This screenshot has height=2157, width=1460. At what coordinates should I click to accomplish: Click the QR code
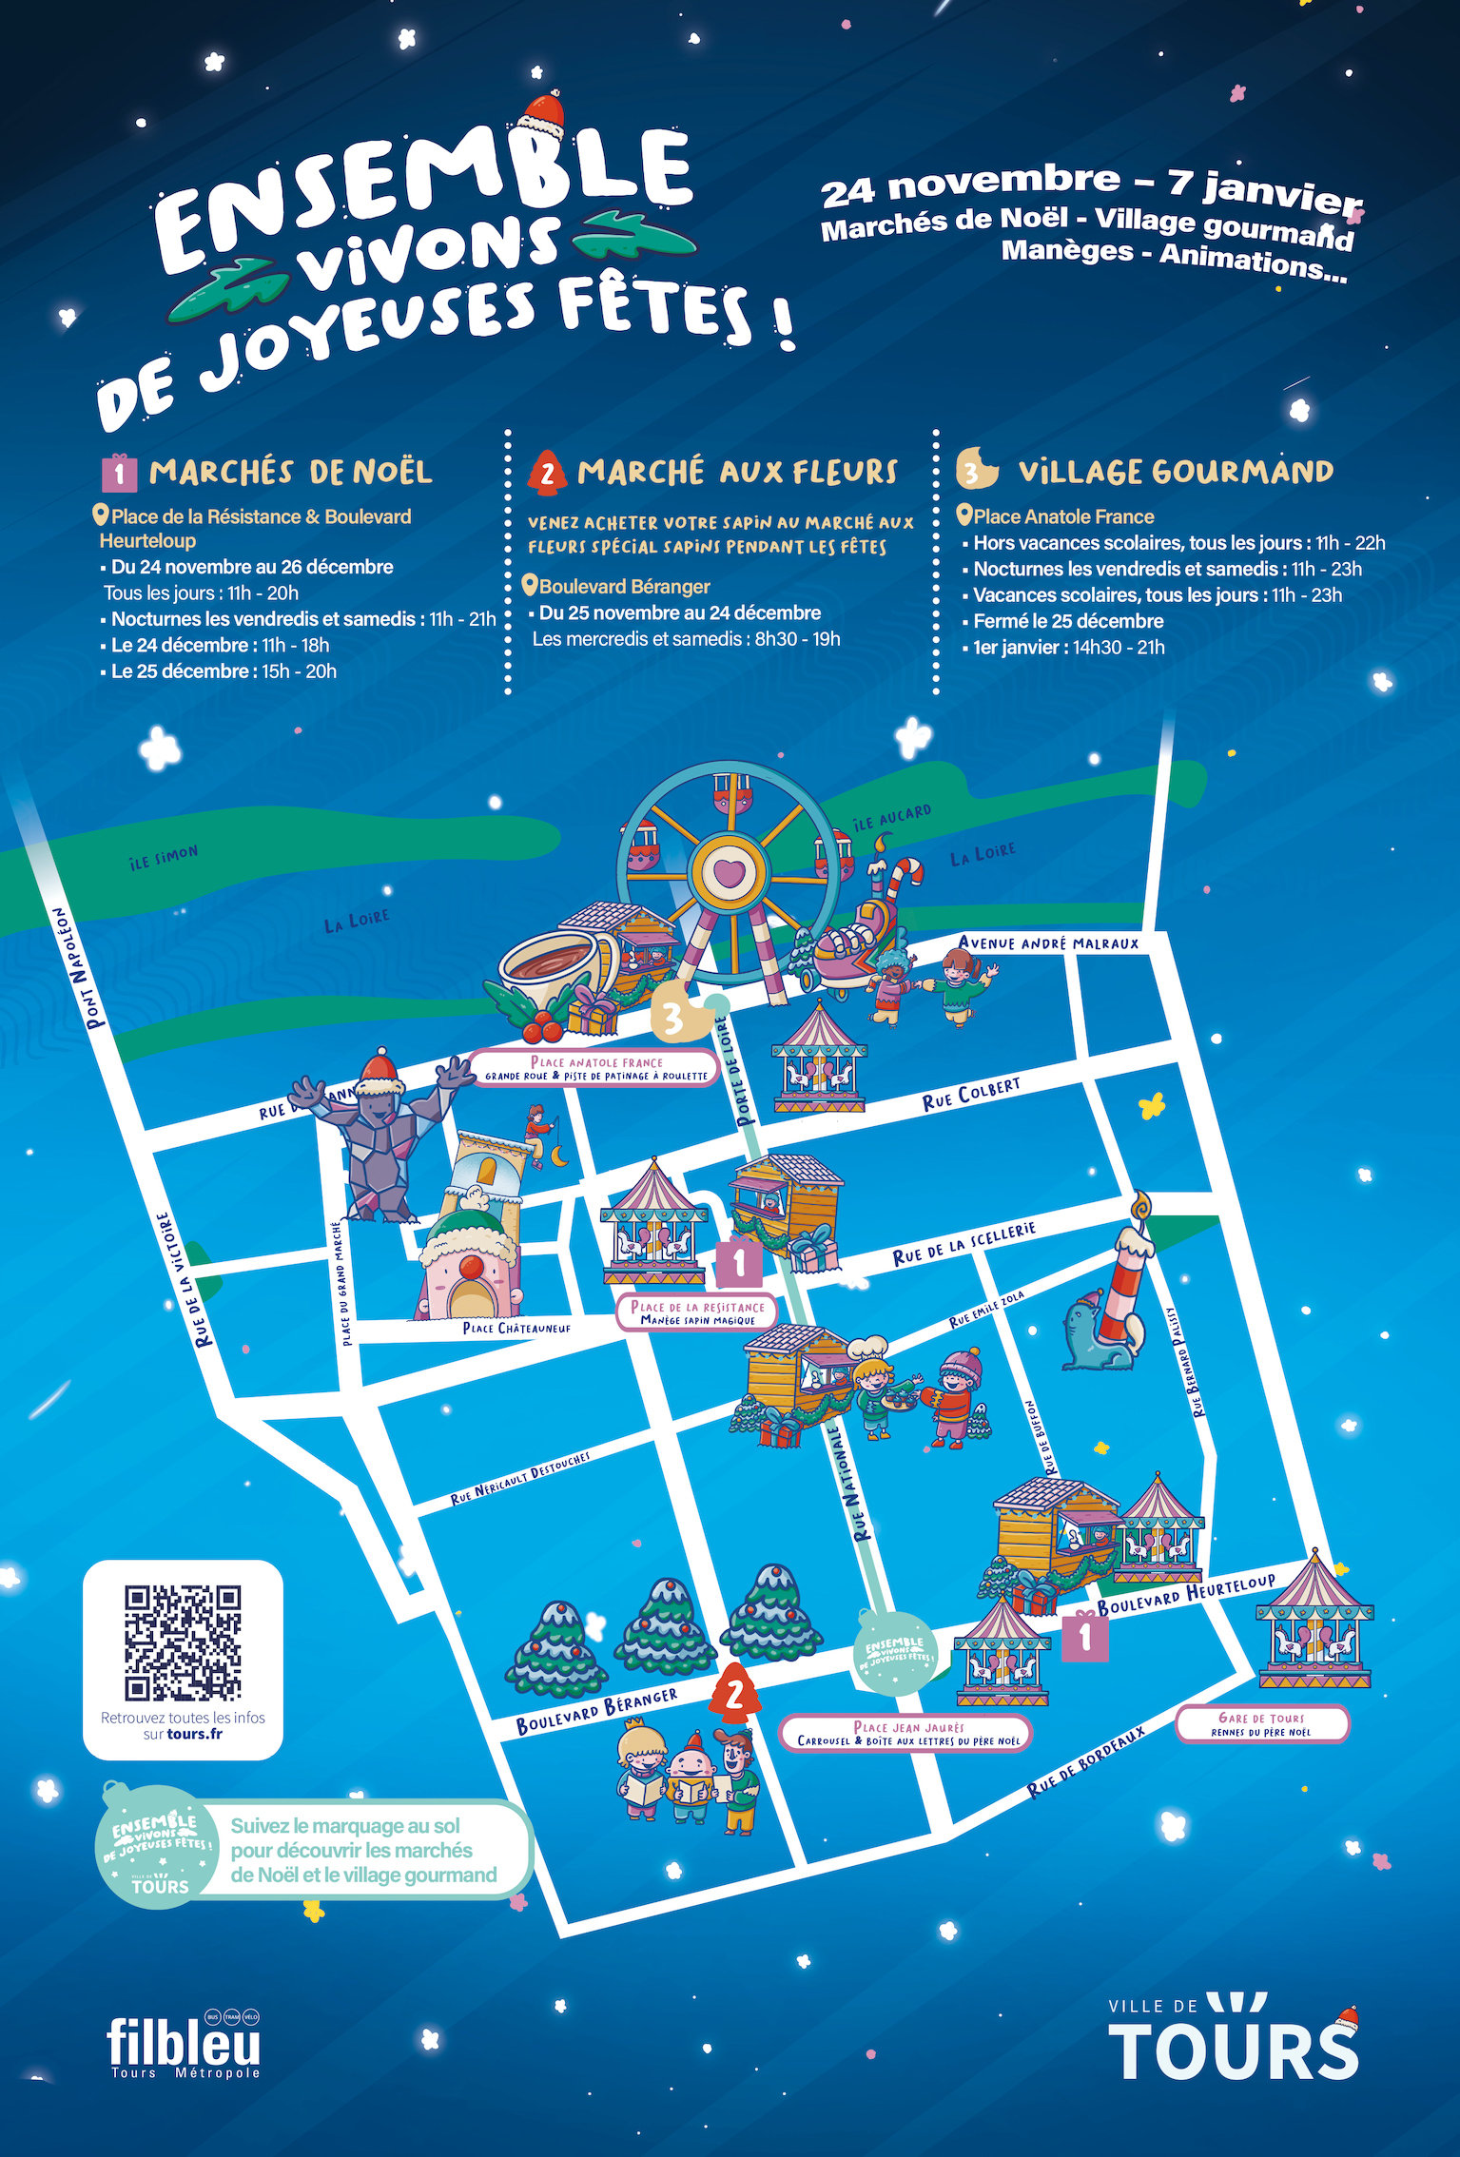183,1642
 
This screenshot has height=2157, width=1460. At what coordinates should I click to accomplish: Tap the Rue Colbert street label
971,1095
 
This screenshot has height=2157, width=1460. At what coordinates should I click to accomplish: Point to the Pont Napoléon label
77,968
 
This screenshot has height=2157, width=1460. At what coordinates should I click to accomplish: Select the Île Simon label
164,857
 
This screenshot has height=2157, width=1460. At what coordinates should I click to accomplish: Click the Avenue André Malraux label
1048,943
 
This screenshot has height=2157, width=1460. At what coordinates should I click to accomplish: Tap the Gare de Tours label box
1261,1724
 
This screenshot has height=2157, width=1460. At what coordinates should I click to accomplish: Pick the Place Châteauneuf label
516,1328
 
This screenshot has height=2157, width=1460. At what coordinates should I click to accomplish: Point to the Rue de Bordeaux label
1085,1762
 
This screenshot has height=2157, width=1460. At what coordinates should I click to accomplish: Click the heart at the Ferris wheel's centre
729,871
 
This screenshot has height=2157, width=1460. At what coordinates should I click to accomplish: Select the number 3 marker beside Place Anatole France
674,1018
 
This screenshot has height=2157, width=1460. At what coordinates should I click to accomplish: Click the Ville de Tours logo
1234,2038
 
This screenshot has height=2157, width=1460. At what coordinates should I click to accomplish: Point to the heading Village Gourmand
1175,472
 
